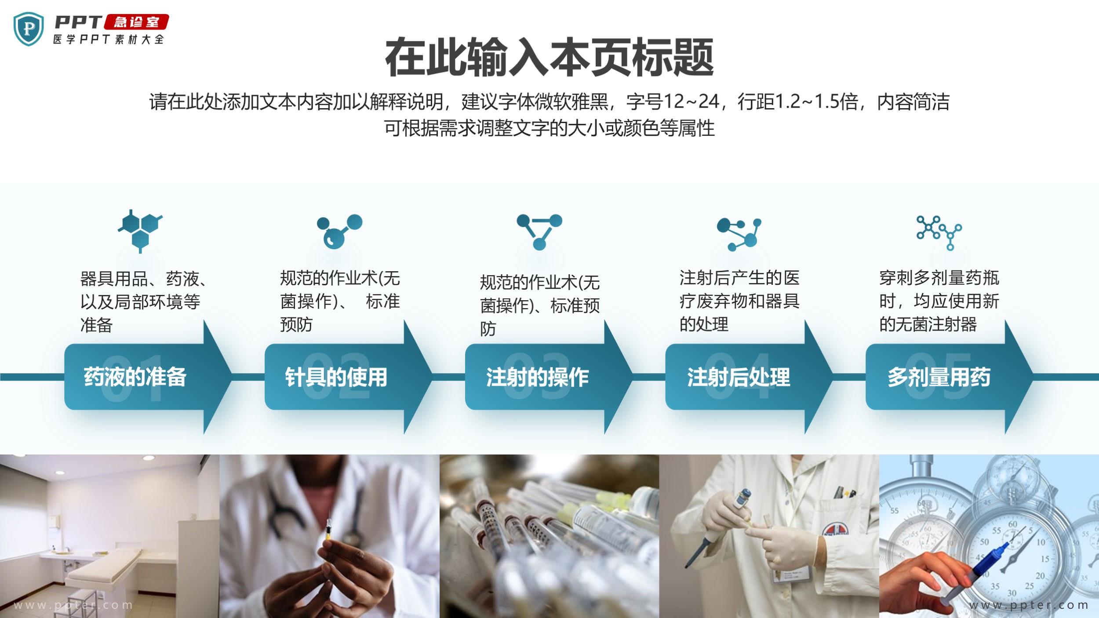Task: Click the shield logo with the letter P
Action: [x=29, y=29]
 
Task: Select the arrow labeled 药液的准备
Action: [x=148, y=377]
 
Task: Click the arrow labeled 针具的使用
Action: [x=348, y=377]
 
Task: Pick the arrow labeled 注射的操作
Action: [x=549, y=377]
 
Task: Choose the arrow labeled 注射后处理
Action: [x=749, y=377]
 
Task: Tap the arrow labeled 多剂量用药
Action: [x=950, y=377]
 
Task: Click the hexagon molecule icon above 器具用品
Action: [x=140, y=231]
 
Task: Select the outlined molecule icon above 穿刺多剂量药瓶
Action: [x=939, y=233]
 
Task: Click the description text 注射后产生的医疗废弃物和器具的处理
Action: [x=739, y=301]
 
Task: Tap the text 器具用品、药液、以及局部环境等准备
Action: [x=143, y=302]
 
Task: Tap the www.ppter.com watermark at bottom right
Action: [x=1029, y=605]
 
